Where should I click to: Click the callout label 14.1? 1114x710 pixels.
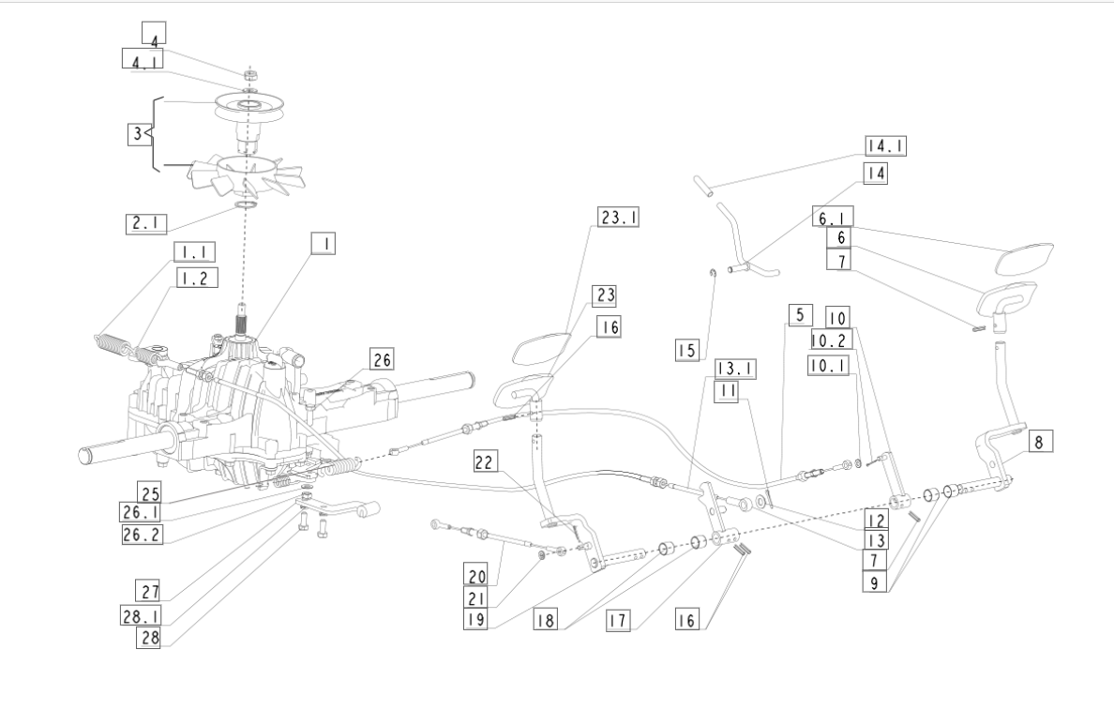click(x=886, y=146)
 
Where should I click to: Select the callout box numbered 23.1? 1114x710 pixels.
click(x=619, y=217)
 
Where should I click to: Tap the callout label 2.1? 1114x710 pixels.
click(x=146, y=223)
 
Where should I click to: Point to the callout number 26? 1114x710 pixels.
click(x=383, y=359)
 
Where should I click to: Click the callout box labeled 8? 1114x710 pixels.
click(x=1039, y=442)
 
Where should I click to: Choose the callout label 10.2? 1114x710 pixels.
click(x=831, y=340)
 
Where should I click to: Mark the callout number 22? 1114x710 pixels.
click(x=484, y=462)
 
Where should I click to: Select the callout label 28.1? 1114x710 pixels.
click(x=141, y=615)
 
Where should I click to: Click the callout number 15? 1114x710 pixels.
click(x=687, y=351)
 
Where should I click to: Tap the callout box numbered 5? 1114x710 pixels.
click(x=800, y=315)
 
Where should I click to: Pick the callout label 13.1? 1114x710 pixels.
click(x=735, y=369)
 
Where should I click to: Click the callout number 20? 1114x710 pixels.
click(x=476, y=574)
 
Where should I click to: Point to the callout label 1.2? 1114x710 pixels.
click(x=196, y=278)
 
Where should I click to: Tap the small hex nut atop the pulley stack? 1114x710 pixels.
click(x=249, y=74)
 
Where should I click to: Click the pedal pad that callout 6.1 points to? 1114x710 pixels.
click(x=1024, y=258)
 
